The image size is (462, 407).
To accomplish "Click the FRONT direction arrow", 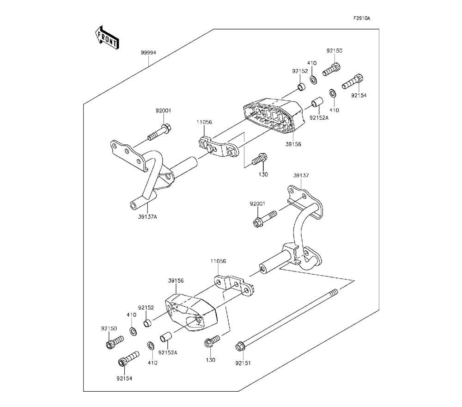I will point(107,38).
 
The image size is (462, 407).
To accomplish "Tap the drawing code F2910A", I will point(362,18).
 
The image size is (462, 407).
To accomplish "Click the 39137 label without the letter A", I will point(301,176).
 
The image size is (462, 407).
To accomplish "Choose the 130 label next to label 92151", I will point(211,360).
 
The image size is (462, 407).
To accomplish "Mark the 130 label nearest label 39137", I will point(263,175).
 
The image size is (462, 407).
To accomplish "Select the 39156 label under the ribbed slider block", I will point(293,144).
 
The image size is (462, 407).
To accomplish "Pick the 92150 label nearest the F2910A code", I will point(334,51).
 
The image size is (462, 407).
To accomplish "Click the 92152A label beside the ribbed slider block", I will point(318,117).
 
